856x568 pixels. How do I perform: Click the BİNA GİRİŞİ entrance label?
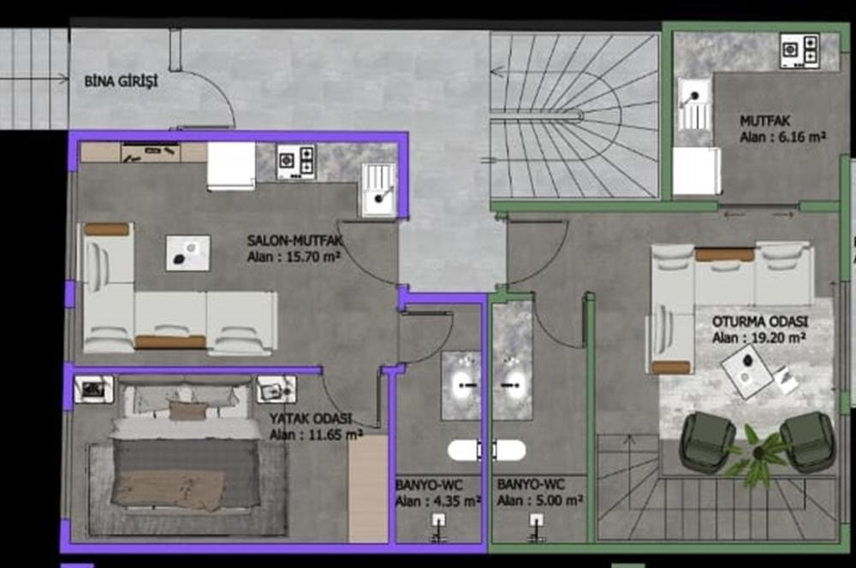(121, 82)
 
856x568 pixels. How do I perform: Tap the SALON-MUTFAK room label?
(294, 240)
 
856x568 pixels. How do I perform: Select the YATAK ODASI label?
(311, 418)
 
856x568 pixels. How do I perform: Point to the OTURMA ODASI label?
(760, 322)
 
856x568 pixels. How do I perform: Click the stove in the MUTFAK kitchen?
(800, 50)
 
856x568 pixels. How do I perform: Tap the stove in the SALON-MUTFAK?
(296, 162)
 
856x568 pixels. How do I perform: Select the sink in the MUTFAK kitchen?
(695, 104)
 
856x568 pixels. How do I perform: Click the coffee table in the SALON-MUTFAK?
(187, 253)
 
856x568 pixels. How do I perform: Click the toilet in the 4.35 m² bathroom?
(463, 451)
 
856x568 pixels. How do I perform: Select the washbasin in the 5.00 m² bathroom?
(512, 385)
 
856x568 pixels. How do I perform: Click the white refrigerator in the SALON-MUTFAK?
(231, 166)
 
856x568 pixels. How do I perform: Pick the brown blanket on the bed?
(167, 489)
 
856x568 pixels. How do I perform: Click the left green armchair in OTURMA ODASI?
(708, 442)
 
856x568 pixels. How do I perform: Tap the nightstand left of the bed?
(94, 389)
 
